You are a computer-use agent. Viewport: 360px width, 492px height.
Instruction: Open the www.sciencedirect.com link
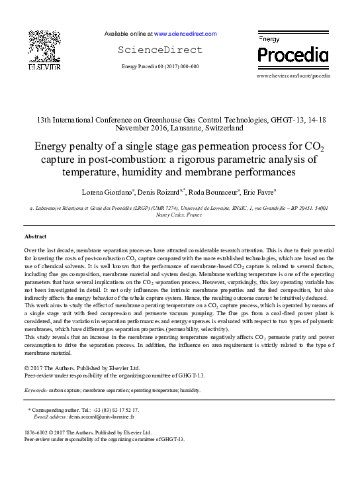[x=185, y=33]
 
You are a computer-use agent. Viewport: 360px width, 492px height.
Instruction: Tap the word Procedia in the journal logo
[x=292, y=55]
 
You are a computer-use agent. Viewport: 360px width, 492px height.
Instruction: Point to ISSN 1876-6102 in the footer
[x=37, y=432]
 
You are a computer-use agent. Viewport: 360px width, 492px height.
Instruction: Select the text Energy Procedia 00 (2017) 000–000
[x=160, y=67]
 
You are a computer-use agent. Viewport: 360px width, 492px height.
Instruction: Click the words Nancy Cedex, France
[x=179, y=214]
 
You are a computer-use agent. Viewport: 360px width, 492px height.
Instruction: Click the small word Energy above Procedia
[x=268, y=40]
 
